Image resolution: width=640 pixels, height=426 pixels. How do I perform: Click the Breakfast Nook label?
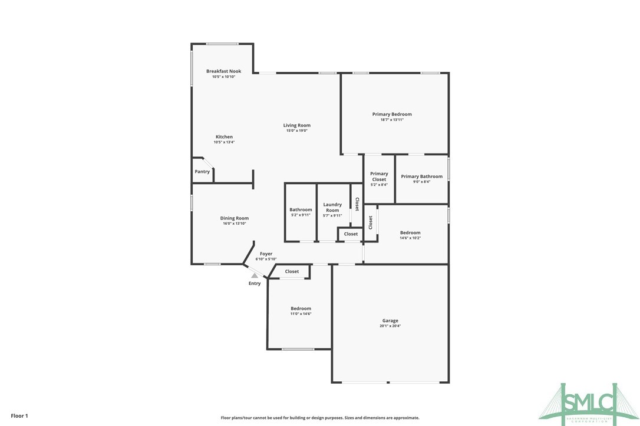pos(223,71)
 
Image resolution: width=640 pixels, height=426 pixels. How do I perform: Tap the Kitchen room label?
pos(224,137)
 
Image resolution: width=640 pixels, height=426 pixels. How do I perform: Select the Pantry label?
pos(202,172)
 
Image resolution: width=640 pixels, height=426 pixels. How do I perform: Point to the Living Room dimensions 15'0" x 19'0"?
pos(296,131)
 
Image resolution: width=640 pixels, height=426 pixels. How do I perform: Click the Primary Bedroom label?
pos(392,114)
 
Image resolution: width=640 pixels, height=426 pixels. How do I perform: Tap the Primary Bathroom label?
pos(421,177)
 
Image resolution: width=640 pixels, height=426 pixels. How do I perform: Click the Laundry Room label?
pos(332,207)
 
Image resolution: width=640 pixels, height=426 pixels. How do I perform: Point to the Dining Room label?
pos(234,218)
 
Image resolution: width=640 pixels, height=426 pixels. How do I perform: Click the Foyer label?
pos(266,254)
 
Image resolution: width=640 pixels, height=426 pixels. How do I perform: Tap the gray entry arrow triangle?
pos(254,274)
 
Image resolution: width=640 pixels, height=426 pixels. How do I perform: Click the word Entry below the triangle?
pos(254,284)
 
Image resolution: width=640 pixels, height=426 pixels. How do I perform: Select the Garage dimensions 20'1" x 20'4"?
pos(390,326)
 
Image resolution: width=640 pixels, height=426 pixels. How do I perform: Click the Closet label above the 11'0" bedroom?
pos(292,272)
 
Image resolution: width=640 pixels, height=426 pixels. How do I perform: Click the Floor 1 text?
pos(19,416)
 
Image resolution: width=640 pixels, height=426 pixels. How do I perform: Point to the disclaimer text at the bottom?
pos(320,418)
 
